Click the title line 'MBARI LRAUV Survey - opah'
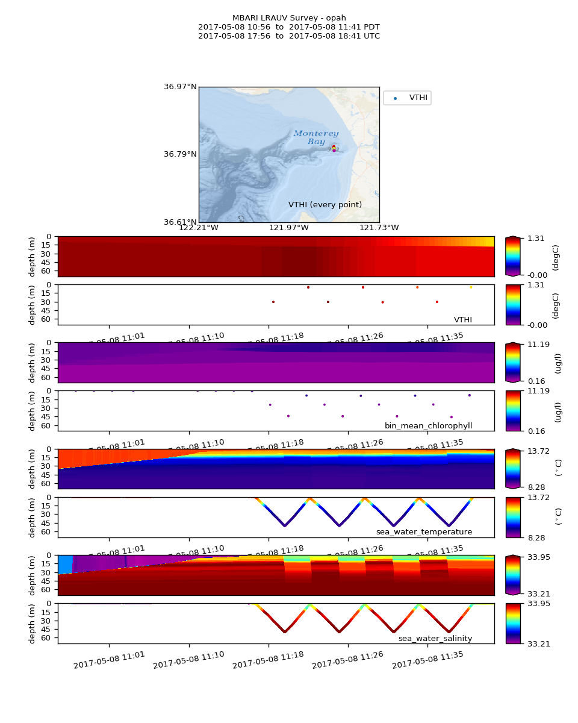(x=289, y=18)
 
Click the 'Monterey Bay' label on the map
(x=316, y=137)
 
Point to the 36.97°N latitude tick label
(x=181, y=87)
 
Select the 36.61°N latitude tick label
(x=181, y=222)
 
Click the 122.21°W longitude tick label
(x=199, y=227)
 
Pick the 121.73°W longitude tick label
(x=379, y=227)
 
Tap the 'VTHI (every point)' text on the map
(x=325, y=205)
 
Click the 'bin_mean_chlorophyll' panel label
(x=428, y=426)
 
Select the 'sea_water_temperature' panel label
(x=424, y=532)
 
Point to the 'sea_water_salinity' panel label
(x=435, y=639)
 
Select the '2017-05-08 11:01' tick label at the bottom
(x=110, y=660)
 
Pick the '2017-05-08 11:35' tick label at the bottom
(x=427, y=660)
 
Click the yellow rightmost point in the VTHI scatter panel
(x=471, y=287)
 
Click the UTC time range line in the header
(x=289, y=36)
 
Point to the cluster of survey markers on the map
(x=334, y=148)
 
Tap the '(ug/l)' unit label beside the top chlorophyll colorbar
(x=558, y=363)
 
